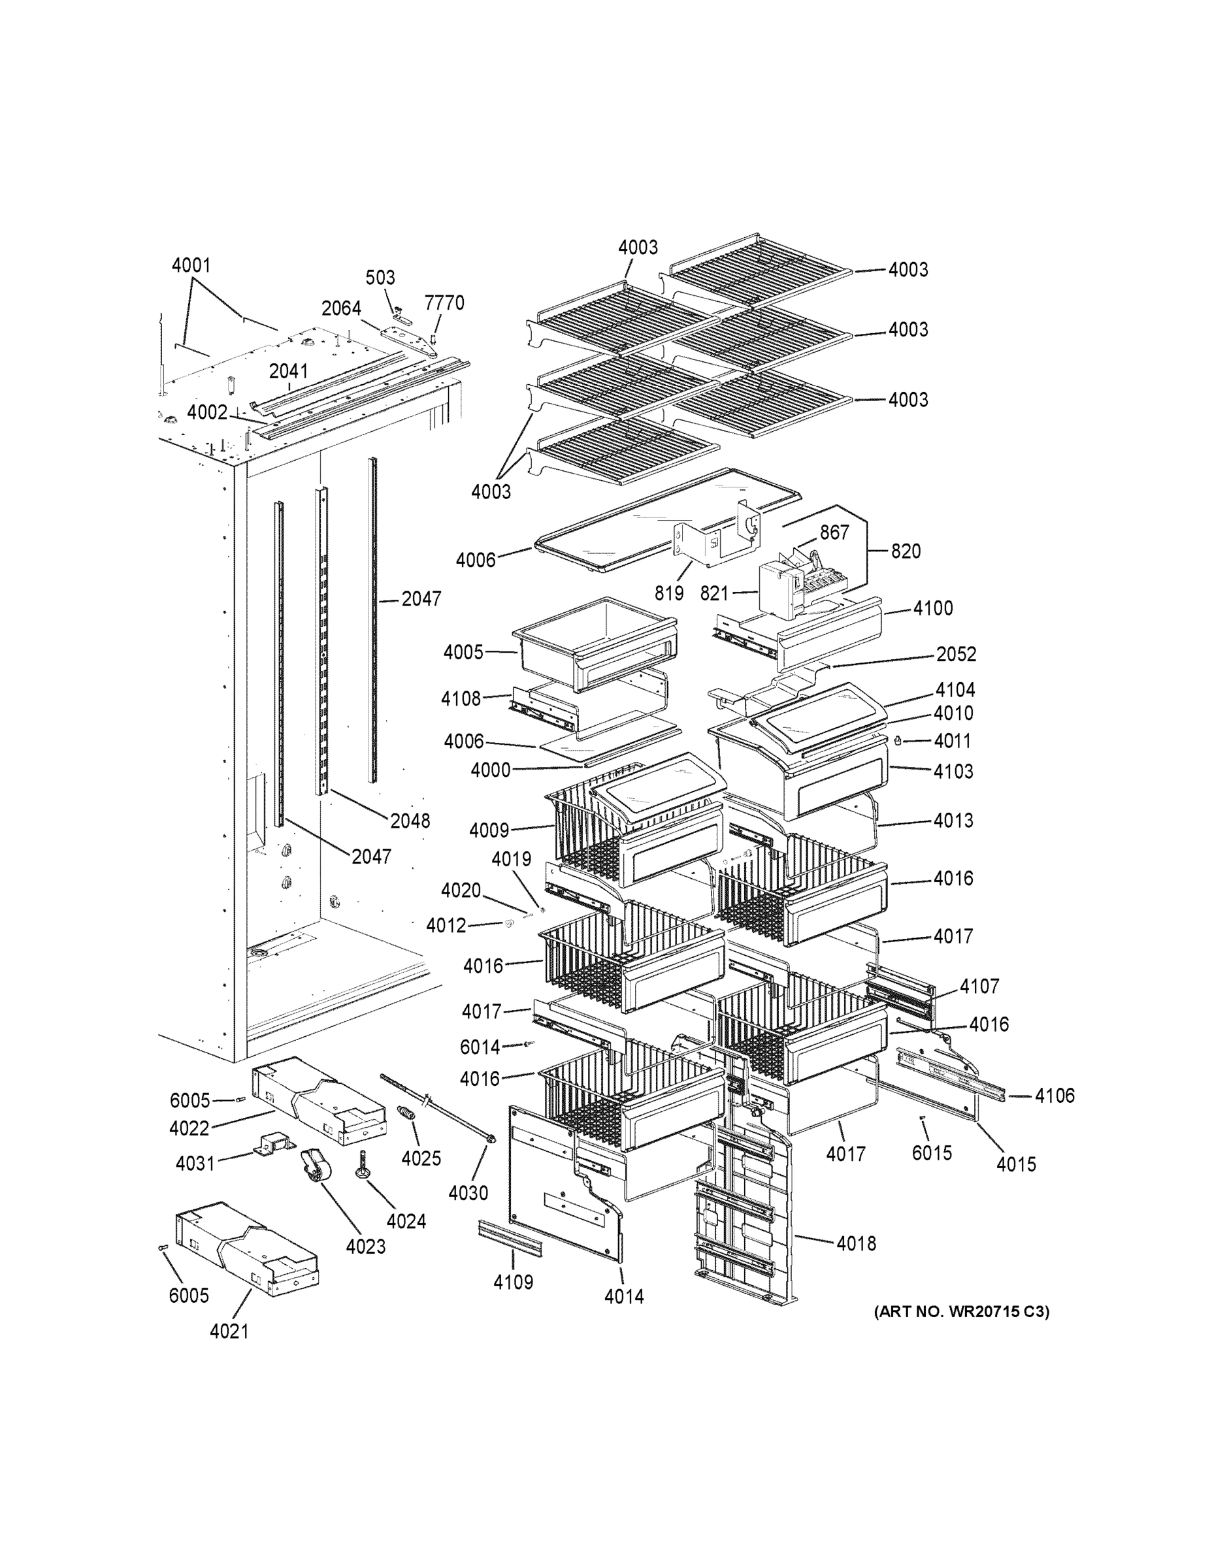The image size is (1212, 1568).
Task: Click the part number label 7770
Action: tap(444, 303)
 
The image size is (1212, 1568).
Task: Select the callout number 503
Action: tap(380, 278)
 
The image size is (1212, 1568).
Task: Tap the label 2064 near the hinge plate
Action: tap(340, 309)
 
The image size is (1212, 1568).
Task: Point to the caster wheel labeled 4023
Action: tap(317, 1171)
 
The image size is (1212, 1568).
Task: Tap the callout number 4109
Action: tap(513, 1282)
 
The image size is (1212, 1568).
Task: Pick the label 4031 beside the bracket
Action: tap(195, 1163)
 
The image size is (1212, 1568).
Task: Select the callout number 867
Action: tap(834, 532)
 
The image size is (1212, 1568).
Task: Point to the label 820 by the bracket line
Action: tap(906, 551)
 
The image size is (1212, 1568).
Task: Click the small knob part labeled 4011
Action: tap(898, 741)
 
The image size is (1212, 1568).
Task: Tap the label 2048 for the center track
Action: tap(410, 821)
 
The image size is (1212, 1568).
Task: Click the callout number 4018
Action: tap(856, 1243)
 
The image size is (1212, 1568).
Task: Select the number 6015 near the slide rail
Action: tap(931, 1153)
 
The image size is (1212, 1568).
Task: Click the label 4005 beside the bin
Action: tap(463, 653)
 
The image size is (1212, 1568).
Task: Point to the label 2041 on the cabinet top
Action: tap(288, 371)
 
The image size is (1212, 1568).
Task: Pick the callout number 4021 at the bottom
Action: tap(229, 1331)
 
